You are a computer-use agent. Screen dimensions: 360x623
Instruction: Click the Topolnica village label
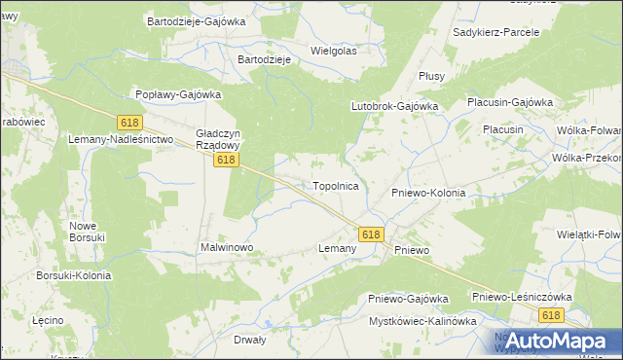[x=336, y=185]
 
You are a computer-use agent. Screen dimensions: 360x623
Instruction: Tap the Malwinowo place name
[x=227, y=248]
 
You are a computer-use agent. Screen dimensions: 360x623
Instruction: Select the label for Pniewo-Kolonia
[x=428, y=193]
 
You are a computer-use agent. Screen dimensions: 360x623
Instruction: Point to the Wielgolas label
[x=333, y=51]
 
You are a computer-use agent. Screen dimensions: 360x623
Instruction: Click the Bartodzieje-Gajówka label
[x=196, y=20]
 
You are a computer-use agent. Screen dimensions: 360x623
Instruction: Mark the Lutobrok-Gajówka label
[x=394, y=106]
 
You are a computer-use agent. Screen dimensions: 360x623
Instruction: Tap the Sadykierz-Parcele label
[x=496, y=32]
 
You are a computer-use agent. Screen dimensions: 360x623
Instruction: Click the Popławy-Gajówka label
[x=178, y=94]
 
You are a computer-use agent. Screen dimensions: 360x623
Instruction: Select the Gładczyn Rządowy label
[x=225, y=137]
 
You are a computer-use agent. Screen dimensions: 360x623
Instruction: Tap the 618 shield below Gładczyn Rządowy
[x=226, y=160]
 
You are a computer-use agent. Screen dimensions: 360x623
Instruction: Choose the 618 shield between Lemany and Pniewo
[x=371, y=234]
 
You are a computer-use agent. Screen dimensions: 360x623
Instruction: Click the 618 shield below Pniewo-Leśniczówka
[x=552, y=314]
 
